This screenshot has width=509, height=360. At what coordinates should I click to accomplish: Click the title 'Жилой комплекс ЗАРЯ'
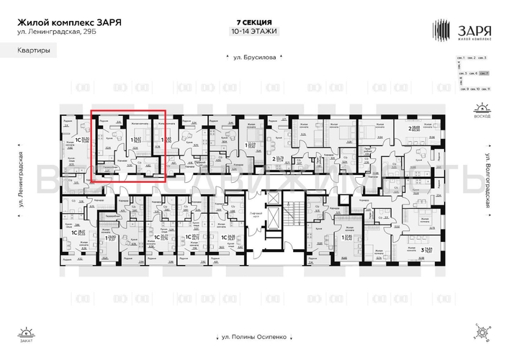point(69,22)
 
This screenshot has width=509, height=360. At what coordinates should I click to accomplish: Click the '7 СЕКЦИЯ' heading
point(254,22)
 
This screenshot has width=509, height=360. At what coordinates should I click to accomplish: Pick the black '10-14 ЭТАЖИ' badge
point(254,31)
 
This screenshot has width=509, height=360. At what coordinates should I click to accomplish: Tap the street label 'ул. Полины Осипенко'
point(253,338)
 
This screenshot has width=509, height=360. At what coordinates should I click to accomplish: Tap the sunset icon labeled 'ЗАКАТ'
point(27,335)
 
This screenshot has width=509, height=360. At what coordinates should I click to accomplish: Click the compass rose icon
point(480,333)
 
